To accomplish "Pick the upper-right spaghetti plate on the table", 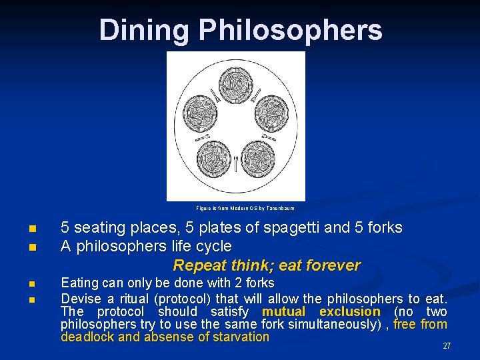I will (x=270, y=109).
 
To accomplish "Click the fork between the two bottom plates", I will (x=236, y=163).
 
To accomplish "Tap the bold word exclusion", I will (x=349, y=311).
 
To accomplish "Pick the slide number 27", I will (x=447, y=346).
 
